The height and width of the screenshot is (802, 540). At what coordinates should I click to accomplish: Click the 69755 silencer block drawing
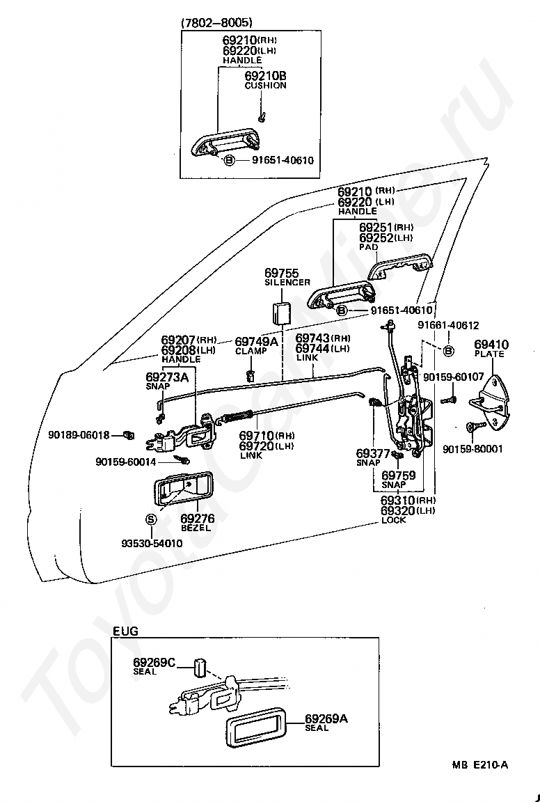point(280,313)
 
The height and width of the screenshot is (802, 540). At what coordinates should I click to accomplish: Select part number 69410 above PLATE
point(491,344)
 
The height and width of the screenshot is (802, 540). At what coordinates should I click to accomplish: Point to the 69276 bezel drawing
point(182,489)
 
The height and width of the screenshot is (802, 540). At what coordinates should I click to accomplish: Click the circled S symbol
point(151,519)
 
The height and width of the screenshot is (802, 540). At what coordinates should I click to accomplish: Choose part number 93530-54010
point(152,543)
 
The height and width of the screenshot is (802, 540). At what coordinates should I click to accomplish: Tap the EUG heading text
point(126,631)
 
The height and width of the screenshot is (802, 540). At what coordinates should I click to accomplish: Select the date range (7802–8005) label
point(217,22)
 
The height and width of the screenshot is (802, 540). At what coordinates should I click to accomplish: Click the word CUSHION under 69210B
point(265,86)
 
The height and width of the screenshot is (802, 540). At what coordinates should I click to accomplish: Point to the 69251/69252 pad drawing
point(400,267)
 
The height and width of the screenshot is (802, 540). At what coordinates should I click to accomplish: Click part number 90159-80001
point(473,449)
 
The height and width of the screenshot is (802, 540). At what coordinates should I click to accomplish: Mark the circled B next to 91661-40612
point(448,352)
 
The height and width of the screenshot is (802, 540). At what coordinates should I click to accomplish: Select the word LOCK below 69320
point(394,520)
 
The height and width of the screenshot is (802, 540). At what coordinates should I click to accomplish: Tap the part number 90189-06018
point(79,435)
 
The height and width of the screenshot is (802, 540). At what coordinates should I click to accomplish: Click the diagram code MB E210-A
point(480,765)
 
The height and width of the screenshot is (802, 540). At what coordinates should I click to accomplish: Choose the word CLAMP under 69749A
point(251,351)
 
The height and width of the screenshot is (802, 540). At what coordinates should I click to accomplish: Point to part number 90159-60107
point(454,377)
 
